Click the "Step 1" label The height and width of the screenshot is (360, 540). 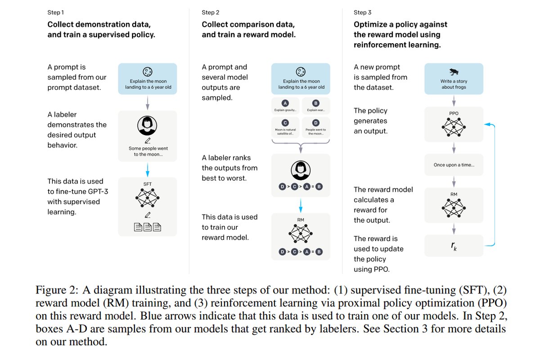coord(55,13)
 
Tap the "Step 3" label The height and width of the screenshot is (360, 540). coord(362,13)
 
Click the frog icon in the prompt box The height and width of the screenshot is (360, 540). coord(454,72)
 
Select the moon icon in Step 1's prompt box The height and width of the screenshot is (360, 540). coord(148,72)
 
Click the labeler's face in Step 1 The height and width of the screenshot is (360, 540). coord(147,126)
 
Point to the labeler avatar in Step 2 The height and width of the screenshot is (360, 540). coord(301,171)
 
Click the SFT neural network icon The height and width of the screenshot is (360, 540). coord(147,198)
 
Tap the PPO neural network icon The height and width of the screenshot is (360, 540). coord(454,127)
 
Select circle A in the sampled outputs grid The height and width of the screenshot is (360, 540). coord(285,103)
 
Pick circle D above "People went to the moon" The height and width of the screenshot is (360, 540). coord(315,123)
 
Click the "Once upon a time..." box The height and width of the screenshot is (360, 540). coord(454,165)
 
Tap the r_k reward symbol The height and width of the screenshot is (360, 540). coord(454,246)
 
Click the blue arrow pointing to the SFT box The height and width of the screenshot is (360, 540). coord(148,170)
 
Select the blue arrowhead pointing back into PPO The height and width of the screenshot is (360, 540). coord(487,124)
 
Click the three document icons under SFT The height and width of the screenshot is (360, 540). coord(147,227)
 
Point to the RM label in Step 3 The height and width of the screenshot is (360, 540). coord(454,194)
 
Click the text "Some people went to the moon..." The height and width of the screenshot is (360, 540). coord(148,152)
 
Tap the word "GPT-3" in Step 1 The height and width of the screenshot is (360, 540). coord(98,191)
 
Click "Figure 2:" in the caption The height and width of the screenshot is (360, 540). coord(57,290)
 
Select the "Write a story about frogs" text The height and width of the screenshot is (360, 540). coord(454,84)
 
